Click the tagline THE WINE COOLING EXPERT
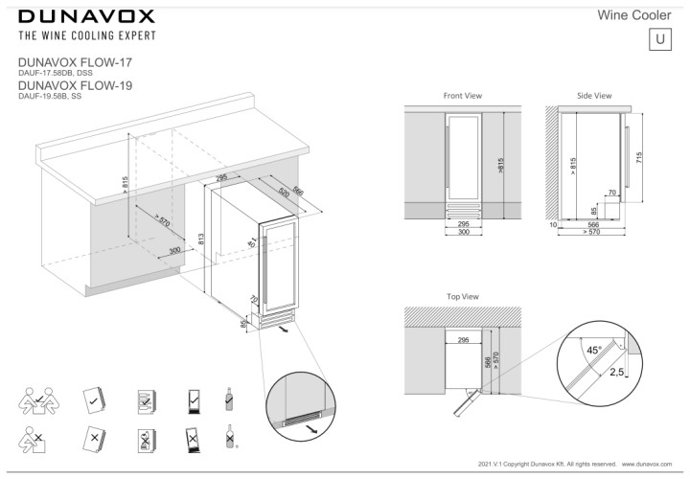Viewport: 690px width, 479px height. (85, 36)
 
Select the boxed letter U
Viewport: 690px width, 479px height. (660, 39)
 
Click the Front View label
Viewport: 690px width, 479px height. (462, 97)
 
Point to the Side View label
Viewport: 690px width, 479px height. (594, 97)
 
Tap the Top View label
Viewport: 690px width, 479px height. (462, 297)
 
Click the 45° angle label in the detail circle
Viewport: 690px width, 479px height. (594, 351)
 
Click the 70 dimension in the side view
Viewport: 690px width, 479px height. (611, 194)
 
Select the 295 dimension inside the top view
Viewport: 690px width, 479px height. (462, 339)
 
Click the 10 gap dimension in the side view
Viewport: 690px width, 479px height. (554, 225)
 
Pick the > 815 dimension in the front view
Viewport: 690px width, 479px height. (499, 165)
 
